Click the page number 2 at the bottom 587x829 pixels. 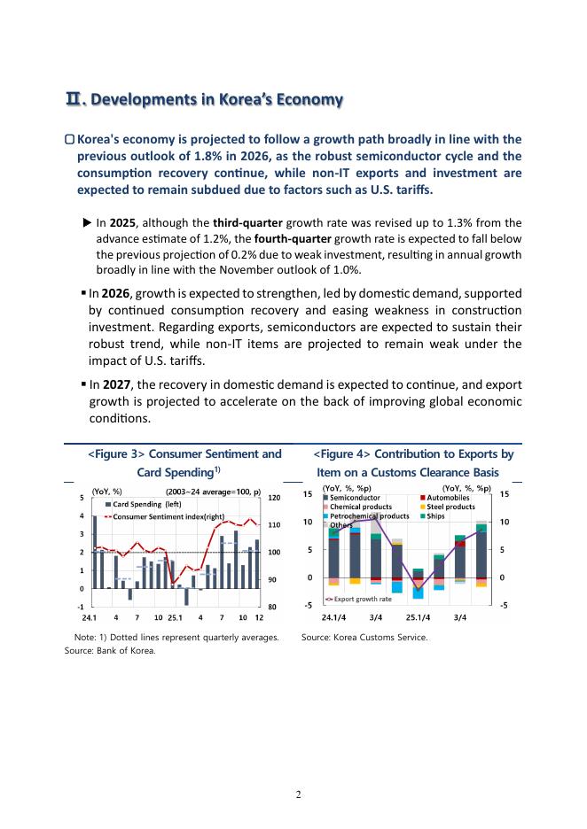[298, 794]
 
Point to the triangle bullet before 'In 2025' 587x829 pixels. [87, 223]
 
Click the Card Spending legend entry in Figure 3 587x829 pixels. [147, 504]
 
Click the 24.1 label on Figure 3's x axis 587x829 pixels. [90, 616]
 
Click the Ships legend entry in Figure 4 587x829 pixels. [440, 515]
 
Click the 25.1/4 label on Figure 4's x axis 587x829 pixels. [419, 616]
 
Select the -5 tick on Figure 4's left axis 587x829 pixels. [309, 606]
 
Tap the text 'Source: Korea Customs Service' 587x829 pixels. [364, 637]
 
